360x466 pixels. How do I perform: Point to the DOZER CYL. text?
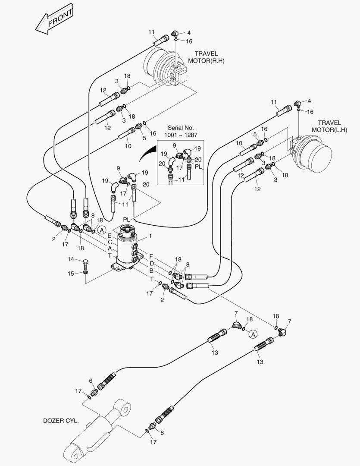[61, 421]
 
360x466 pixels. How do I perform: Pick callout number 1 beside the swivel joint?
[150, 236]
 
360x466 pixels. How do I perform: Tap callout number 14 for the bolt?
[71, 259]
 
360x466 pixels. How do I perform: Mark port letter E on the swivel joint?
[110, 236]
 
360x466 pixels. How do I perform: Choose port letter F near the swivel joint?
[151, 256]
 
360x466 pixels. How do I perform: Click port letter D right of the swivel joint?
[152, 263]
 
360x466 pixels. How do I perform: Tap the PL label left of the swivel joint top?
[126, 220]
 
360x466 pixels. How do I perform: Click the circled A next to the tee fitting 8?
[101, 230]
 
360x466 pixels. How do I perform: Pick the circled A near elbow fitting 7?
[254, 334]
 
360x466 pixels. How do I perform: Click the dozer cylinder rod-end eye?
[125, 407]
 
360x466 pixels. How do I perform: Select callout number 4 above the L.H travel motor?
[309, 101]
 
